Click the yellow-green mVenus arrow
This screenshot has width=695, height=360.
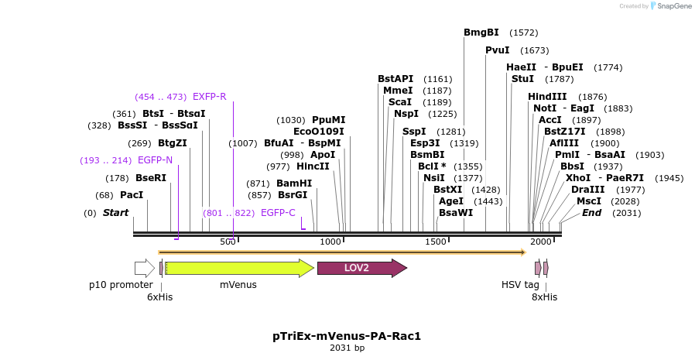[238, 268]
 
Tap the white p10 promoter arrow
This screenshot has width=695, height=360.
[144, 268]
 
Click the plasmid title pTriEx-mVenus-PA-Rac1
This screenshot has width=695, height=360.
[347, 336]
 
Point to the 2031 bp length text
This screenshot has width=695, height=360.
[347, 348]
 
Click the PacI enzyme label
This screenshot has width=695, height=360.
[132, 195]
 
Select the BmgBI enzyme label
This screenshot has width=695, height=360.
[481, 33]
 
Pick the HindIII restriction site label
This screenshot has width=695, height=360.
[547, 97]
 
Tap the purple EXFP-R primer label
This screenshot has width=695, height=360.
[209, 97]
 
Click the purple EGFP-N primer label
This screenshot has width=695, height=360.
[155, 160]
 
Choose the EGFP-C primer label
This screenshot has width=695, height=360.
[278, 212]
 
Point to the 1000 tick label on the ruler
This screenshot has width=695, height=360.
[330, 242]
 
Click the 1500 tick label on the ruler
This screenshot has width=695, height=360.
[436, 242]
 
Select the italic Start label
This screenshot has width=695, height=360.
[115, 212]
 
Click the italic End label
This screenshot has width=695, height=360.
[591, 212]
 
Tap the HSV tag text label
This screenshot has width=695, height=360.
[520, 285]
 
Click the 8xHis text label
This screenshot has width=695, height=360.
[544, 297]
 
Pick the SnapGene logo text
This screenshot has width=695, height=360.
[671, 6]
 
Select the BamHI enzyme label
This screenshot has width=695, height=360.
[294, 183]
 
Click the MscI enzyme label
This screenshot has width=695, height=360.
[589, 201]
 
